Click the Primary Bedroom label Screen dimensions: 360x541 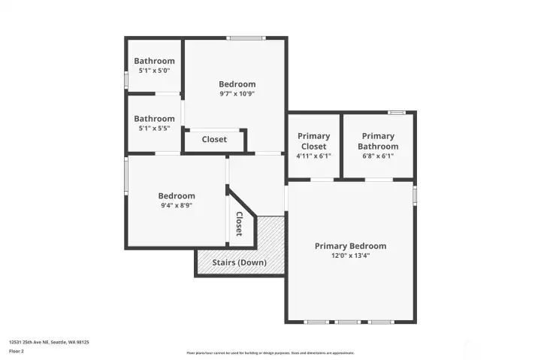pos(350,246)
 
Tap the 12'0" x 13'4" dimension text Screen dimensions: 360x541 pos(350,256)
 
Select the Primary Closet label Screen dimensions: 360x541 pos(314,141)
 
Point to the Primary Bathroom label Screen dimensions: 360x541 pos(377,141)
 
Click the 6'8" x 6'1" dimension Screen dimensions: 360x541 pos(377,156)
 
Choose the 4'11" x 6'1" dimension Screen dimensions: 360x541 pos(314,156)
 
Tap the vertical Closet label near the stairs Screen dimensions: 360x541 pos(239,223)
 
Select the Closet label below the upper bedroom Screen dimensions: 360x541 pos(214,139)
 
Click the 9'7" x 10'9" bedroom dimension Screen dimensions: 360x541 pos(237,94)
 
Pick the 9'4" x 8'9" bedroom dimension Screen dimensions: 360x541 pos(177,206)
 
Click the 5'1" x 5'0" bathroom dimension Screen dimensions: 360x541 pos(154,71)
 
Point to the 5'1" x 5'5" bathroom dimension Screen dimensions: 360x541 pos(154,129)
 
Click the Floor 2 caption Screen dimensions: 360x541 pos(17,350)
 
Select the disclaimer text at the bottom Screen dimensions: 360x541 pos(270,352)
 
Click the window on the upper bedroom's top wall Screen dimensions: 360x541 pos(246,38)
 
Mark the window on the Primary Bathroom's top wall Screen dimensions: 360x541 pos(396,113)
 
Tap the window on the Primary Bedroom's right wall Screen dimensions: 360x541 pos(415,195)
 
